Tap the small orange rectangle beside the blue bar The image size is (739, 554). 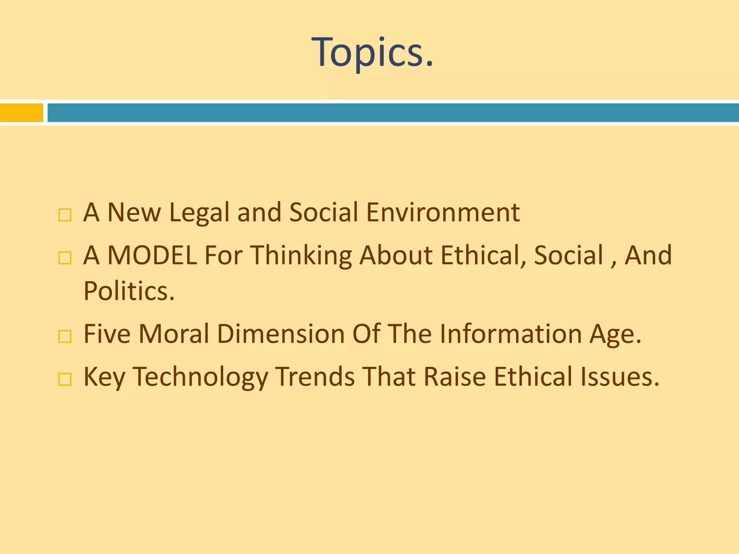pyautogui.click(x=21, y=113)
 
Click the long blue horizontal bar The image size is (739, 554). pyautogui.click(x=393, y=113)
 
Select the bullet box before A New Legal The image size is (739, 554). pyautogui.click(x=65, y=215)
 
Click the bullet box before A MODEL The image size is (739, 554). pyautogui.click(x=65, y=258)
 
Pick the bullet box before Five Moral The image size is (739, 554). pyautogui.click(x=65, y=337)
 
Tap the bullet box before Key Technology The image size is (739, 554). pyautogui.click(x=65, y=379)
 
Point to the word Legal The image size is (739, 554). pyautogui.click(x=199, y=213)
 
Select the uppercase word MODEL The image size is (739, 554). pyautogui.click(x=152, y=255)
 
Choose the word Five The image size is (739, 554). pyautogui.click(x=107, y=334)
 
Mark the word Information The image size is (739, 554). pyautogui.click(x=511, y=334)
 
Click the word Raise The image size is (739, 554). pyautogui.click(x=455, y=377)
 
